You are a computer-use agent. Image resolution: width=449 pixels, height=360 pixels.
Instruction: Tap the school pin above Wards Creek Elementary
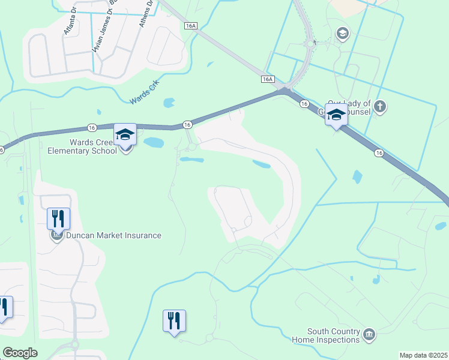pos(125,134)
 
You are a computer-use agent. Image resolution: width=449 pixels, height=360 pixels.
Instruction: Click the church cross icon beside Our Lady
pos(379,107)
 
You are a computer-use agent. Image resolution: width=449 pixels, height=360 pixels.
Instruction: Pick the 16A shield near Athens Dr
pos(190,26)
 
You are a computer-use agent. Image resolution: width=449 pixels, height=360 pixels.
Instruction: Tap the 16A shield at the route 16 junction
pos(268,79)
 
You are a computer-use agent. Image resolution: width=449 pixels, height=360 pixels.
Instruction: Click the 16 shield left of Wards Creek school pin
pos(91,127)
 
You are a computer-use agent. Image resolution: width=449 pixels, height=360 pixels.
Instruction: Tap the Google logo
pos(20,353)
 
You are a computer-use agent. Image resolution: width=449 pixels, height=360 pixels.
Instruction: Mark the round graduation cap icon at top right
pos(343,32)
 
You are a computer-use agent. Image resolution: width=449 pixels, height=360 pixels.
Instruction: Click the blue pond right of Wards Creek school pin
pos(154,143)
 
